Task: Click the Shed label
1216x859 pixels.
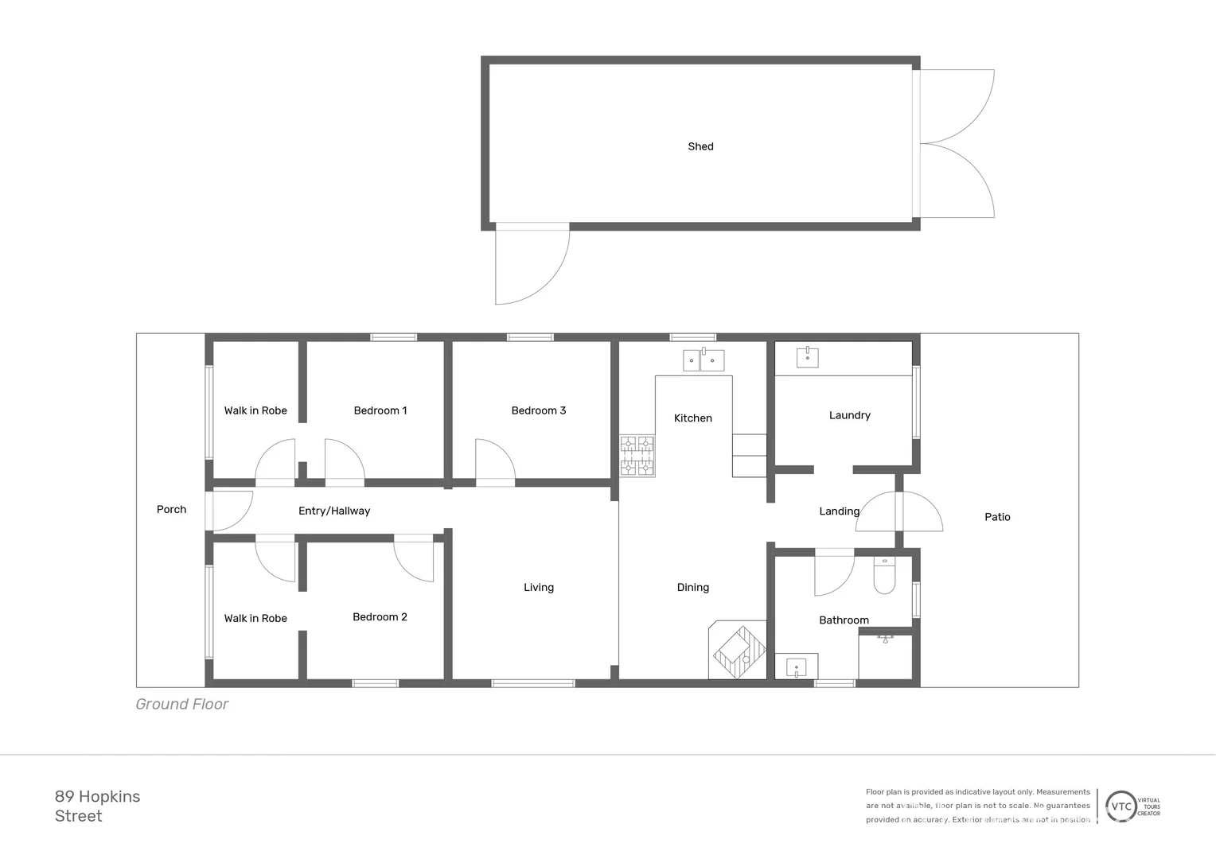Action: click(700, 146)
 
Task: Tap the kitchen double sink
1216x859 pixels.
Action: click(703, 360)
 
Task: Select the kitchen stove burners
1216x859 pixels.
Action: click(637, 456)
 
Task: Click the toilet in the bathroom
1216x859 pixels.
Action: click(884, 576)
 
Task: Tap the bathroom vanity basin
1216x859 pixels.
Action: click(796, 667)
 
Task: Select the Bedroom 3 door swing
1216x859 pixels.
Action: click(493, 461)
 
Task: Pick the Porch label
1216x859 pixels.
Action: click(171, 510)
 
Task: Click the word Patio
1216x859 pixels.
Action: click(997, 517)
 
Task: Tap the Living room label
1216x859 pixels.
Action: click(539, 588)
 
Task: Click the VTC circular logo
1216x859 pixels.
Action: click(1121, 807)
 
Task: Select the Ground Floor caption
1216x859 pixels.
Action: click(181, 704)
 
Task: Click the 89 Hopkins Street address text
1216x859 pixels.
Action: click(97, 806)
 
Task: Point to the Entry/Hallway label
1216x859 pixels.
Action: click(334, 511)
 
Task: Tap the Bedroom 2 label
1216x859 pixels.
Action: click(380, 617)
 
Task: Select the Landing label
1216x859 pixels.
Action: click(839, 511)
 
